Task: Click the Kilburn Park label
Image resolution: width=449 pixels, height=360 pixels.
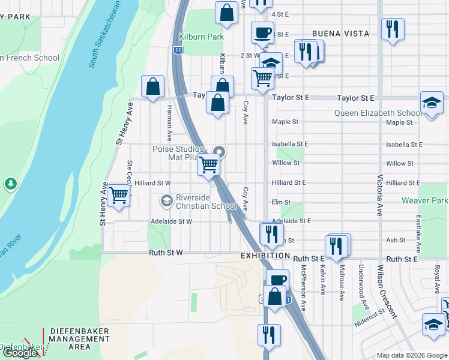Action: click(x=204, y=37)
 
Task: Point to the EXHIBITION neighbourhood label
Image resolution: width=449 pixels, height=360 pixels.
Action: click(x=266, y=256)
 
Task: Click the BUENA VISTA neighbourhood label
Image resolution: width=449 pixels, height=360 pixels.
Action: click(x=340, y=34)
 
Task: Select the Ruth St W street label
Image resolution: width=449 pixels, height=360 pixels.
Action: click(x=166, y=253)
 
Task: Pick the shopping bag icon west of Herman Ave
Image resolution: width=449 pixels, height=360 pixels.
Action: click(x=153, y=86)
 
